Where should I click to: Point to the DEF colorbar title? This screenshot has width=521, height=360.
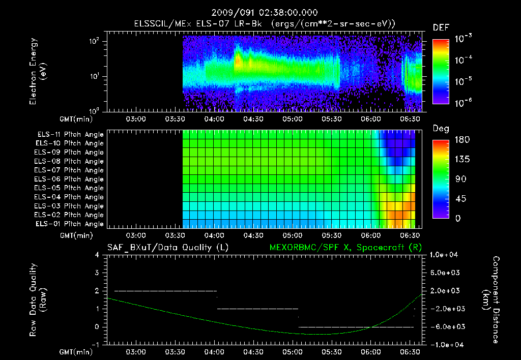tap(441, 28)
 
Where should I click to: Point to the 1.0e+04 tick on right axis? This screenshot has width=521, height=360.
tap(445, 255)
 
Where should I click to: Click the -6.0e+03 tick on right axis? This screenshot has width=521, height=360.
tap(445, 326)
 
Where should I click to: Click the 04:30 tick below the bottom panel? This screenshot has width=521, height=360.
tap(253, 352)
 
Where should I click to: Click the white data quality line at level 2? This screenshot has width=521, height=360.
tap(165, 291)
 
